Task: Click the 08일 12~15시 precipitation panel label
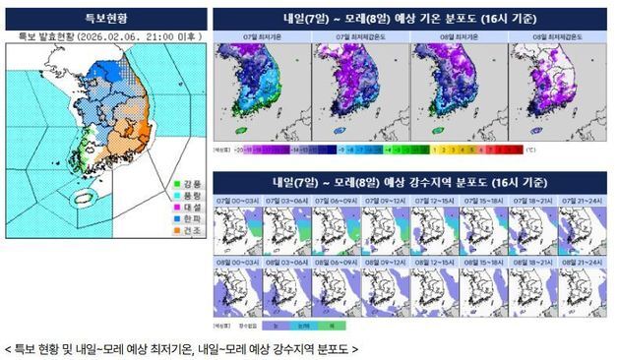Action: click(432, 263)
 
